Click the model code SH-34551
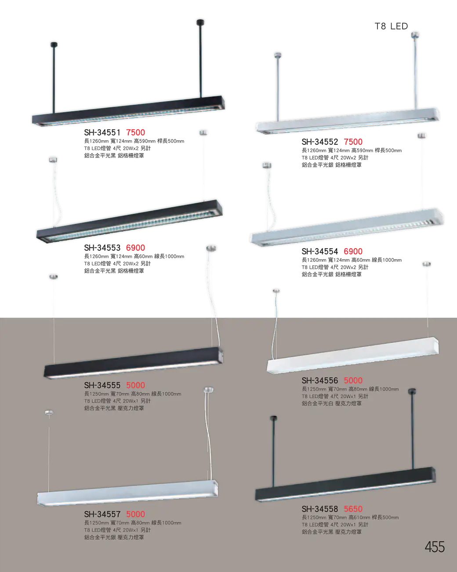point(102,132)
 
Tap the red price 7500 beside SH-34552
point(353,142)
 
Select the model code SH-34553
point(102,248)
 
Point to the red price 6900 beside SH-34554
point(353,251)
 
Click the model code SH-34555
point(102,385)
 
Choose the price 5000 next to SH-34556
point(353,380)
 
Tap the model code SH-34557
point(102,514)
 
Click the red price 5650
point(353,509)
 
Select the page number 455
point(435,547)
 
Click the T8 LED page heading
point(391,26)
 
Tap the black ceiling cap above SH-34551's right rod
point(200,22)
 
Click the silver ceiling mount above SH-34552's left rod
point(278,55)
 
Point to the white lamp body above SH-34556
point(353,355)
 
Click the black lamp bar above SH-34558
point(345,484)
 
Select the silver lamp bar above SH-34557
point(127,493)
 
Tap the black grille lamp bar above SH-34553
point(129,221)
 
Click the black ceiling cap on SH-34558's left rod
point(273,418)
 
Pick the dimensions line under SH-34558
point(350,517)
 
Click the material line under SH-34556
point(332,403)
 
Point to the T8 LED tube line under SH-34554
point(335,267)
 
